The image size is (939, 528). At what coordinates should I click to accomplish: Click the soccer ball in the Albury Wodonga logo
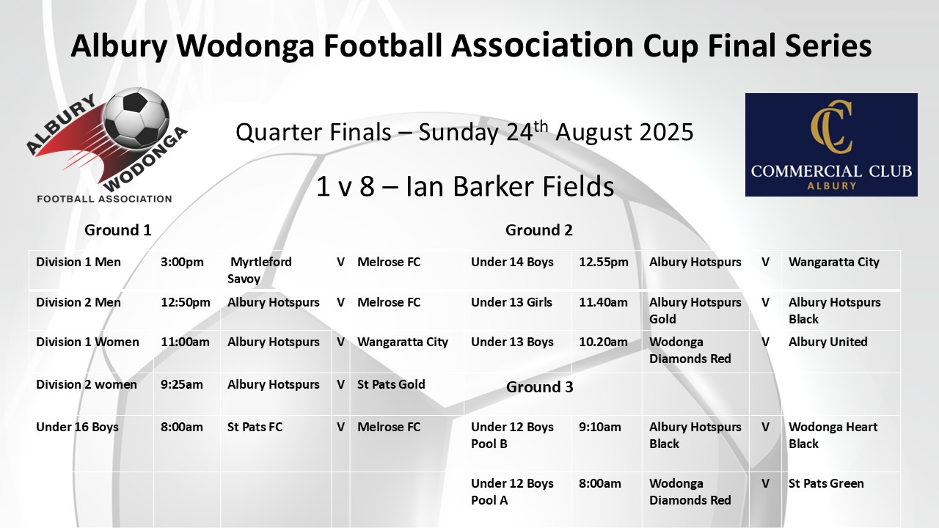pos(136,117)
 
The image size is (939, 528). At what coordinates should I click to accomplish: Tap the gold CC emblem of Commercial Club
pos(831,127)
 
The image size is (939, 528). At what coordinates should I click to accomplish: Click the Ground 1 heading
pos(118,230)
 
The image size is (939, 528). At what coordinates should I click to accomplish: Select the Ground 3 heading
pos(539,386)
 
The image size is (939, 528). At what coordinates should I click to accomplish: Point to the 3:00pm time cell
pos(182,262)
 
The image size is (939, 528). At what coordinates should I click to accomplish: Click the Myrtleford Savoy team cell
pos(260,271)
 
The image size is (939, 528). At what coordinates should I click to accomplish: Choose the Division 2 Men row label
pos(78,302)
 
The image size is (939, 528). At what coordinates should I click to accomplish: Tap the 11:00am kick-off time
pos(185,342)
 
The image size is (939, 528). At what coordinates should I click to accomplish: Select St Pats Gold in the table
pos(391,384)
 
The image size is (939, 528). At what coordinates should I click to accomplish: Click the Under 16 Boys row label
pos(77,427)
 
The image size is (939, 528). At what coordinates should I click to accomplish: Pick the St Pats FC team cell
pos(255,427)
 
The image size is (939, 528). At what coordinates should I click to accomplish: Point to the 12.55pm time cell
pos(604,262)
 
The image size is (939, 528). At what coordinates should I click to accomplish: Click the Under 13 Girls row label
pos(511,302)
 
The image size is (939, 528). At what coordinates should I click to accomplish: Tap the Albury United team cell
pos(828,342)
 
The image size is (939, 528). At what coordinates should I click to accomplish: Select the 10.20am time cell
pos(603,342)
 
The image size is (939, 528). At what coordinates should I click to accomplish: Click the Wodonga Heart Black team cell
pos(833,436)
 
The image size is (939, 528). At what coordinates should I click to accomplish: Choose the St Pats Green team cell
pos(826,483)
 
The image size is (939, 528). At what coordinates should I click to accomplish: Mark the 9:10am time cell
pos(600,427)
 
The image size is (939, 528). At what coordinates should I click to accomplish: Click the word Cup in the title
pos(671,46)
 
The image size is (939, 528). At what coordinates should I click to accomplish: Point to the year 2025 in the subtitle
pos(667,132)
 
